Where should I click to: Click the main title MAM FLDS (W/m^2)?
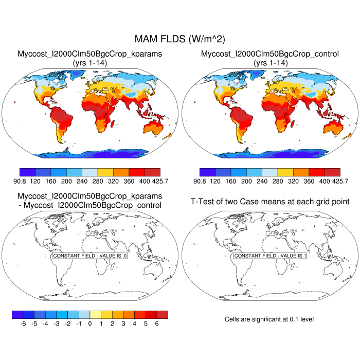point(179,39)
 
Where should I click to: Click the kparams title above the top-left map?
point(91,53)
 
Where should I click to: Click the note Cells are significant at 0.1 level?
point(269,319)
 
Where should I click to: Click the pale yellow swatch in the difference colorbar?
point(95,314)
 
